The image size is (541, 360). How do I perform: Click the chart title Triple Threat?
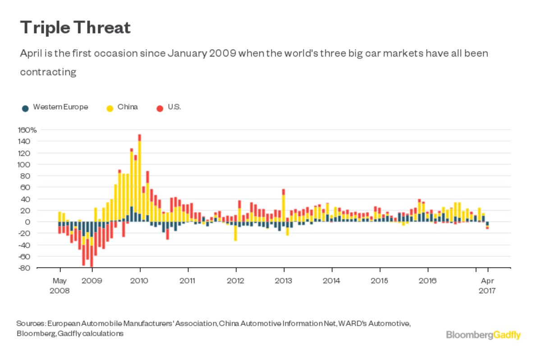(75, 28)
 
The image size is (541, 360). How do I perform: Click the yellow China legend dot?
(110, 108)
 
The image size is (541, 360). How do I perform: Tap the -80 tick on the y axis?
(25, 268)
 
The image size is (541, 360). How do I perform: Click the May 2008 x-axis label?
(60, 286)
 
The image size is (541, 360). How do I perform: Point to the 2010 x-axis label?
(140, 281)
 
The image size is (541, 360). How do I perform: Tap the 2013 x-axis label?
(284, 281)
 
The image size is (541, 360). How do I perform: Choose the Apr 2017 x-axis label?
(487, 286)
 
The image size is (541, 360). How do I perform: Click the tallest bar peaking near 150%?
(139, 176)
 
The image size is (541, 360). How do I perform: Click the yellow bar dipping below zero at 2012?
(235, 233)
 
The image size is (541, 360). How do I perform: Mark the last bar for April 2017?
(487, 225)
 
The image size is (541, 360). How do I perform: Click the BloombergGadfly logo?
(483, 335)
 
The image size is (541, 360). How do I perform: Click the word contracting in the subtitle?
(48, 72)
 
